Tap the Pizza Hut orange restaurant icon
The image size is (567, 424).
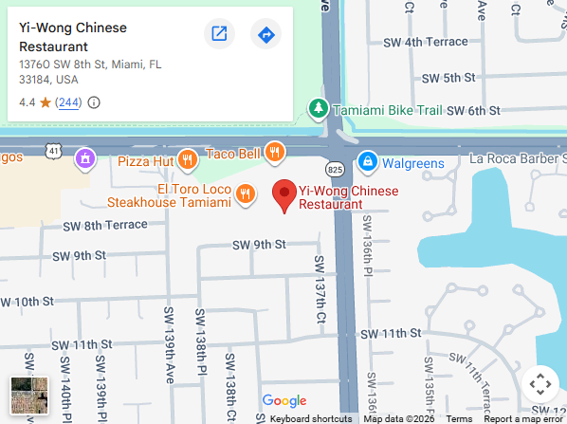pyautogui.click(x=188, y=159)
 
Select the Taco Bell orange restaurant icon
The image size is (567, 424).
pyautogui.click(x=274, y=151)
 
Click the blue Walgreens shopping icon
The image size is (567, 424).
pyautogui.click(x=366, y=162)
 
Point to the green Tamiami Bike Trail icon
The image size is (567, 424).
pyautogui.click(x=319, y=108)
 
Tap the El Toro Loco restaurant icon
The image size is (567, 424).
pyautogui.click(x=245, y=193)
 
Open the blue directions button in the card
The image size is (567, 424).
pyautogui.click(x=265, y=35)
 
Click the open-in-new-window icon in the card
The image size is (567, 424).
pyautogui.click(x=219, y=35)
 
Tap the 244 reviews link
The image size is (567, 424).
pyautogui.click(x=67, y=102)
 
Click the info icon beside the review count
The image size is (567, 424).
pyautogui.click(x=94, y=102)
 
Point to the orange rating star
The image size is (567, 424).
pyautogui.click(x=45, y=102)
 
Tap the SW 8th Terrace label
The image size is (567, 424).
pyautogui.click(x=105, y=225)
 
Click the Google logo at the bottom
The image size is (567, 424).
pyautogui.click(x=283, y=401)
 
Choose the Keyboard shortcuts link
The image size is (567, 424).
pyautogui.click(x=311, y=418)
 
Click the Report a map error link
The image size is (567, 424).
pyautogui.click(x=523, y=418)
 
